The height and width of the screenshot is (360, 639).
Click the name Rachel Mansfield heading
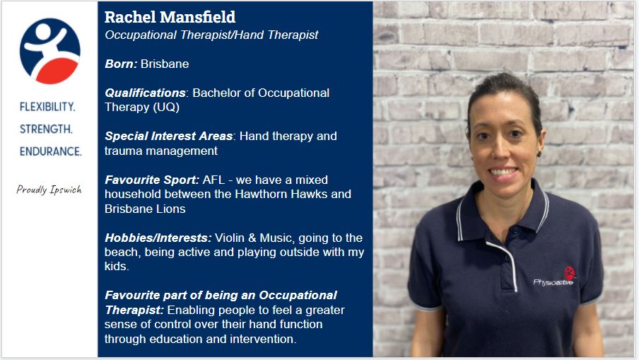click(170, 17)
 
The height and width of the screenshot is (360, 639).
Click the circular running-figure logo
click(49, 51)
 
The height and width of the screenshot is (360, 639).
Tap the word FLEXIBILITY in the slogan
click(47, 107)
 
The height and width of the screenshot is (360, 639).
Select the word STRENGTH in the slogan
click(47, 129)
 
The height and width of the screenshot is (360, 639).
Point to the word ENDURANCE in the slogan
click(50, 151)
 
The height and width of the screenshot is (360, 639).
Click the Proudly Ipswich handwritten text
click(49, 190)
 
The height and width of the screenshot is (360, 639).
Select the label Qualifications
click(145, 93)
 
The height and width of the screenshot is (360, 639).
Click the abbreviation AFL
click(213, 180)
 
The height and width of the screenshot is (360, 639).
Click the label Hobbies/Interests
click(157, 237)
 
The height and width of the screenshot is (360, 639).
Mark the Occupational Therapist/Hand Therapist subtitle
click(211, 35)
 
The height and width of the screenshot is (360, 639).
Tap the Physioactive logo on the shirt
click(554, 277)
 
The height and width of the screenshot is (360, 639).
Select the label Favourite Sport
click(152, 180)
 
